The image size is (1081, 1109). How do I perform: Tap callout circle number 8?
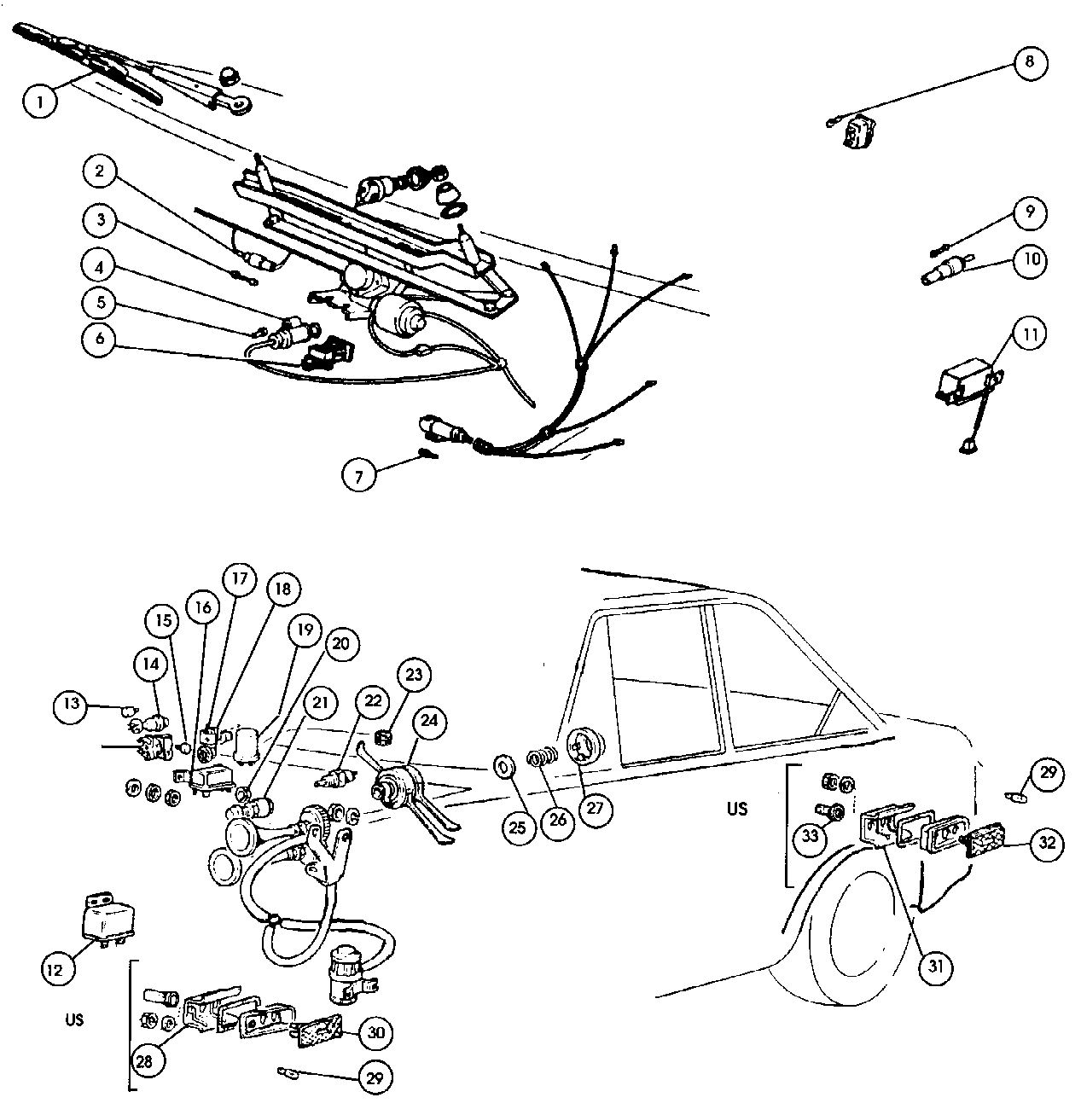click(x=1030, y=62)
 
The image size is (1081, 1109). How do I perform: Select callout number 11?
click(x=1030, y=334)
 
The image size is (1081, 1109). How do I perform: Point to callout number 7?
click(x=359, y=475)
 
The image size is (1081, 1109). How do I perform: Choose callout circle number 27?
click(x=595, y=810)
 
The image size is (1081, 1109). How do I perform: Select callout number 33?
click(x=810, y=836)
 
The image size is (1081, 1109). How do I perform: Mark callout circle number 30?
click(x=376, y=1032)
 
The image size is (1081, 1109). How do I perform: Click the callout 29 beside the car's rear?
click(x=1048, y=774)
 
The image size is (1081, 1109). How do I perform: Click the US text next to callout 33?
click(x=737, y=808)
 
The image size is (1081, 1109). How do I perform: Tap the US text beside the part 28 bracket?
click(x=74, y=1019)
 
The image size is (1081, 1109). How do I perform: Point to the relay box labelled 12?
click(x=103, y=917)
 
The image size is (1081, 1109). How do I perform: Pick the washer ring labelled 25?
click(x=504, y=766)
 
